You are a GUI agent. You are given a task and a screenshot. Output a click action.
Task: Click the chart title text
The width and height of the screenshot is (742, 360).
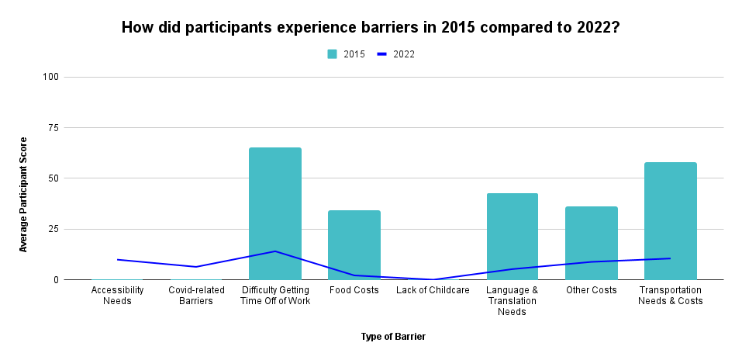371,28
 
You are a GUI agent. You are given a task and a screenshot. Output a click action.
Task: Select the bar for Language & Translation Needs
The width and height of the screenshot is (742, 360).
512,236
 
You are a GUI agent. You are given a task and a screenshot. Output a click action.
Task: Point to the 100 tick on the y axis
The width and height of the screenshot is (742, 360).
52,77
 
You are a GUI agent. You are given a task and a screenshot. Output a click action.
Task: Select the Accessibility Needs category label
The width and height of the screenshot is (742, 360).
117,296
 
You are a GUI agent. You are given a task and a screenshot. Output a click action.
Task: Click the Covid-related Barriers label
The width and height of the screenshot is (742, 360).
196,296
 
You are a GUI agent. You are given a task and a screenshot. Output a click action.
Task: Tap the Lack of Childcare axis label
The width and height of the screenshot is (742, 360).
433,290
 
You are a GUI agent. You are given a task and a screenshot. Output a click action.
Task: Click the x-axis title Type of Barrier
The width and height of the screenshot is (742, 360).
393,337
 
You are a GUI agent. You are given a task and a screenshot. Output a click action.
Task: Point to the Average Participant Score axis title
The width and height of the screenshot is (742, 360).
23,194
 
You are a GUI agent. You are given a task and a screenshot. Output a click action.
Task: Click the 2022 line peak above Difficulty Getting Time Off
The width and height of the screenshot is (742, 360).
274,251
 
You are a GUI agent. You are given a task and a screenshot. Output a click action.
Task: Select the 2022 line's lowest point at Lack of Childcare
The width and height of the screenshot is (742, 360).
433,279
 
